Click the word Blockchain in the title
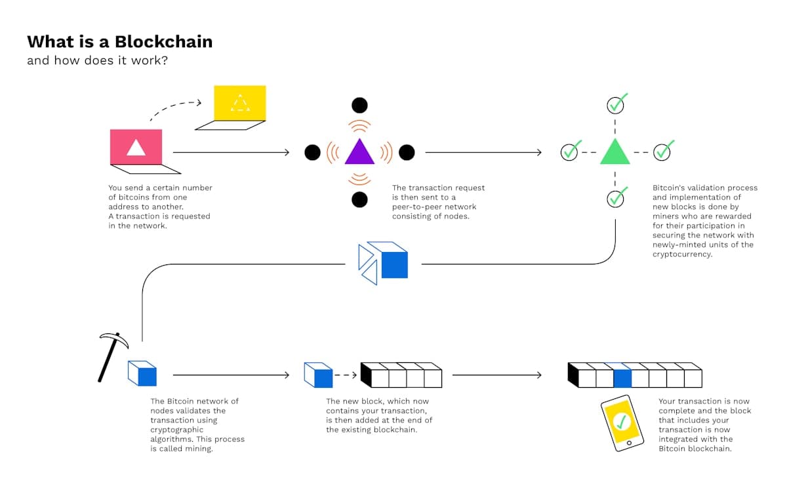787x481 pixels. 163,42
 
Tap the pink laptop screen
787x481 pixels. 136,146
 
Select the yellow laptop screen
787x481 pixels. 240,103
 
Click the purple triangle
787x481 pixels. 359,152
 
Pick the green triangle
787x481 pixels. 615,152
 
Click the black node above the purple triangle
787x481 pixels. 359,105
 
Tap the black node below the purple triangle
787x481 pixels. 359,199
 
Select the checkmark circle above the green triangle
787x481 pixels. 615,105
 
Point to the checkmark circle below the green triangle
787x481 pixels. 615,198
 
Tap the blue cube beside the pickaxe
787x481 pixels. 142,373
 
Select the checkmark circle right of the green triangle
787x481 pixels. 662,152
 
